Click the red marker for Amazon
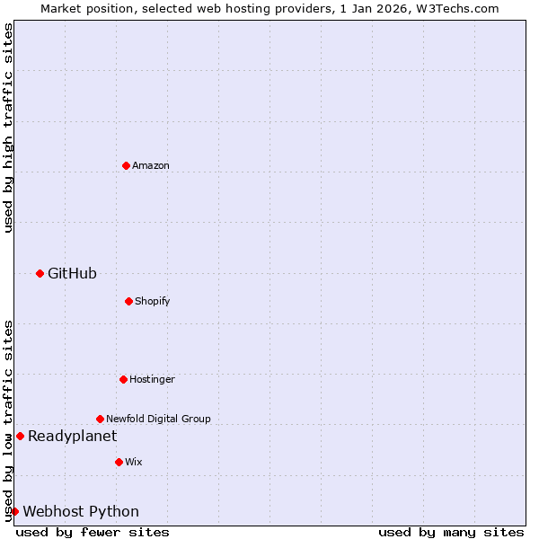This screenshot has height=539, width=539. point(126,165)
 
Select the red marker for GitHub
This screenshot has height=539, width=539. point(40,273)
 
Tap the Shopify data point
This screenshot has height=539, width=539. point(128,301)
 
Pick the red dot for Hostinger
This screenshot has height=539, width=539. point(123,379)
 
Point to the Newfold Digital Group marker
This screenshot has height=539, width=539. point(100,419)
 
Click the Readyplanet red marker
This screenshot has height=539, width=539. point(20,436)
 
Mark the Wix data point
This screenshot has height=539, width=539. point(119,462)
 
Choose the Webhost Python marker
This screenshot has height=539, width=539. point(14,511)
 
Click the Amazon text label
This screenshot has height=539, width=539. point(151,165)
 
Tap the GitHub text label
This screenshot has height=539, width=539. point(72,273)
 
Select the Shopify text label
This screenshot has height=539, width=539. point(153,301)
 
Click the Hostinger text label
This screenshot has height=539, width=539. point(152,379)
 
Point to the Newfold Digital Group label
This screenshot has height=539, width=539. point(158,419)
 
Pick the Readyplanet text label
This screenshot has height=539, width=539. point(72,436)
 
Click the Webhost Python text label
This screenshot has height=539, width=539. point(81,511)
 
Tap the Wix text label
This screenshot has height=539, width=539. point(134,462)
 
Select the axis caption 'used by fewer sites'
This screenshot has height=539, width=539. point(93,532)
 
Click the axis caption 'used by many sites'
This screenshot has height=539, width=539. point(451,532)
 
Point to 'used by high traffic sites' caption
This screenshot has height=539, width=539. point(8,128)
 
